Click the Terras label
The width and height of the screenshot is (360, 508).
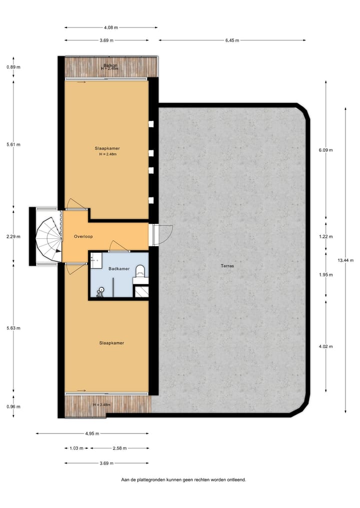pos(227,266)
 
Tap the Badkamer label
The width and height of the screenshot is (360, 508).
pos(119,269)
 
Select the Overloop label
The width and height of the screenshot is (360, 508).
pos(83,236)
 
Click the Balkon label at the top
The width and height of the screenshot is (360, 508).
pos(110,66)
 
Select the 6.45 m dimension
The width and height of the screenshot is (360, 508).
pos(231,40)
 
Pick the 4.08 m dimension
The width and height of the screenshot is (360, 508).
pos(110,27)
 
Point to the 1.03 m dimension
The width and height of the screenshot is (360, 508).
pos(73,448)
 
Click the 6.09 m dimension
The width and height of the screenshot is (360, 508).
pos(326,150)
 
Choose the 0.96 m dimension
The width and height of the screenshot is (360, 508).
pos(13,406)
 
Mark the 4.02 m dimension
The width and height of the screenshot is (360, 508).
pos(326,346)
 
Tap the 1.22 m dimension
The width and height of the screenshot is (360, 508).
pos(326,236)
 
